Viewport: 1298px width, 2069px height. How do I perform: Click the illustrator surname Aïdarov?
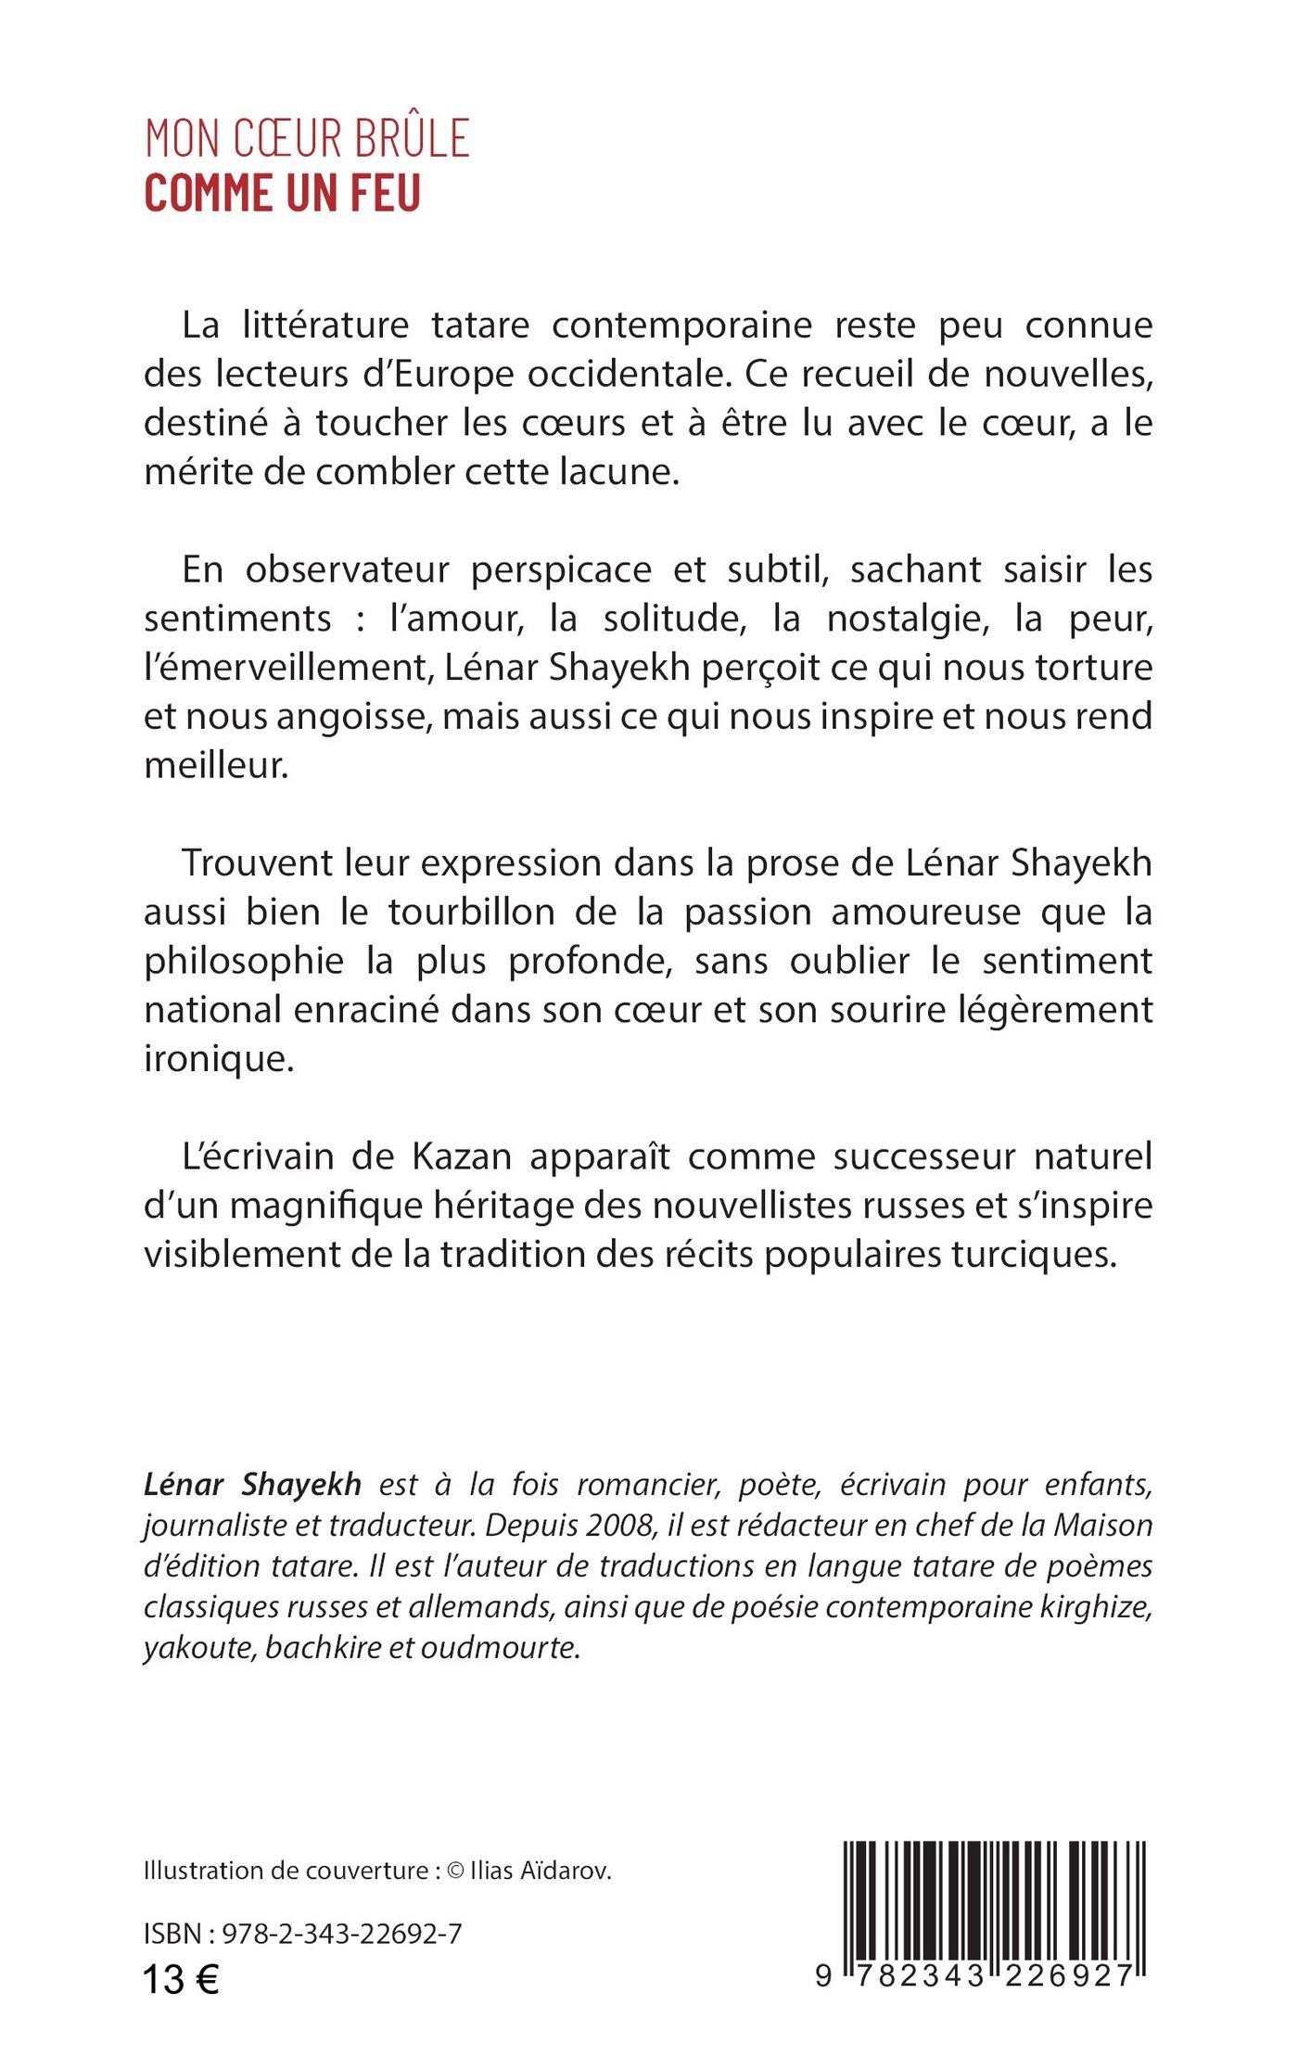click(x=565, y=1871)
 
